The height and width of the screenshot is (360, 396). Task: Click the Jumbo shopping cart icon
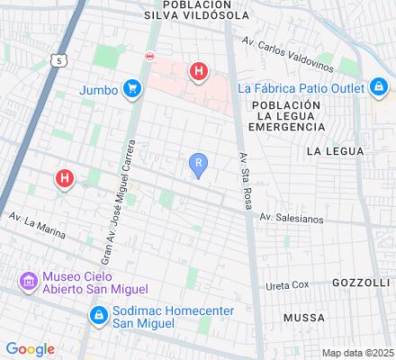(x=132, y=88)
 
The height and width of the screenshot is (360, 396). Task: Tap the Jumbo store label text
(x=99, y=89)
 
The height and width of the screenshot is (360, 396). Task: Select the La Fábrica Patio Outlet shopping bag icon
(x=379, y=87)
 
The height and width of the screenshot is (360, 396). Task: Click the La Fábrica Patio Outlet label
(x=301, y=88)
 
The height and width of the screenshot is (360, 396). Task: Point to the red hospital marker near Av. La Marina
(x=64, y=178)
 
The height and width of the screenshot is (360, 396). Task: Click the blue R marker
(x=199, y=163)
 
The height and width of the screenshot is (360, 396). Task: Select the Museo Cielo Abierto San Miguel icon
(x=28, y=283)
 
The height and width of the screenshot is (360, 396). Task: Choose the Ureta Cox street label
(x=287, y=284)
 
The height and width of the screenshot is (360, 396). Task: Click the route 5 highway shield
(x=58, y=61)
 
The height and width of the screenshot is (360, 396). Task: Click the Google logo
(x=30, y=349)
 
